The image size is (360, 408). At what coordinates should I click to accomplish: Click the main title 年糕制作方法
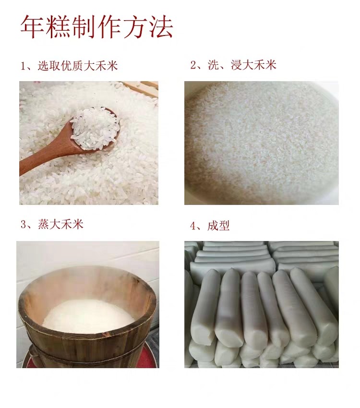pos(96,27)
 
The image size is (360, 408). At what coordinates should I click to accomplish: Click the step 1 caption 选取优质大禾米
pos(78,66)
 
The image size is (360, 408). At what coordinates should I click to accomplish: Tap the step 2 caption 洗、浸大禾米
pos(241,65)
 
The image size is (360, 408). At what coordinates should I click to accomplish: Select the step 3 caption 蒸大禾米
pos(60,224)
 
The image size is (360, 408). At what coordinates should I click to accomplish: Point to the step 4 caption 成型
pos(218,226)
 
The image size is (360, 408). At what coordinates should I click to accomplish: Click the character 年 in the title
pos(33,27)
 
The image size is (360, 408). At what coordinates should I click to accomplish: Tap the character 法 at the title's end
pos(161,27)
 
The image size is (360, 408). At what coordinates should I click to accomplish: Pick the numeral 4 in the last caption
pos(193,226)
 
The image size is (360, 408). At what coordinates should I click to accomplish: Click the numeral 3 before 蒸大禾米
pos(24,225)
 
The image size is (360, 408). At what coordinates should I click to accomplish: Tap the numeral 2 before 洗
pos(193,65)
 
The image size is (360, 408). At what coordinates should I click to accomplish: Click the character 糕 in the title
pos(58,27)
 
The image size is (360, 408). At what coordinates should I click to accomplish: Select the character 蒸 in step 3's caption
pos(43,224)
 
